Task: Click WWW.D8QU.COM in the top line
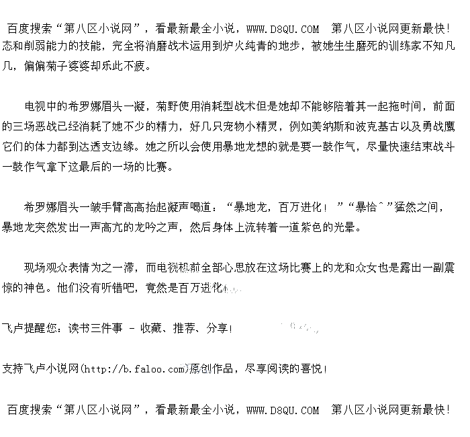point(283,29)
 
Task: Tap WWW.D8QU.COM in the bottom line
point(283,409)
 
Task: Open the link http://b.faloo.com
point(134,369)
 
